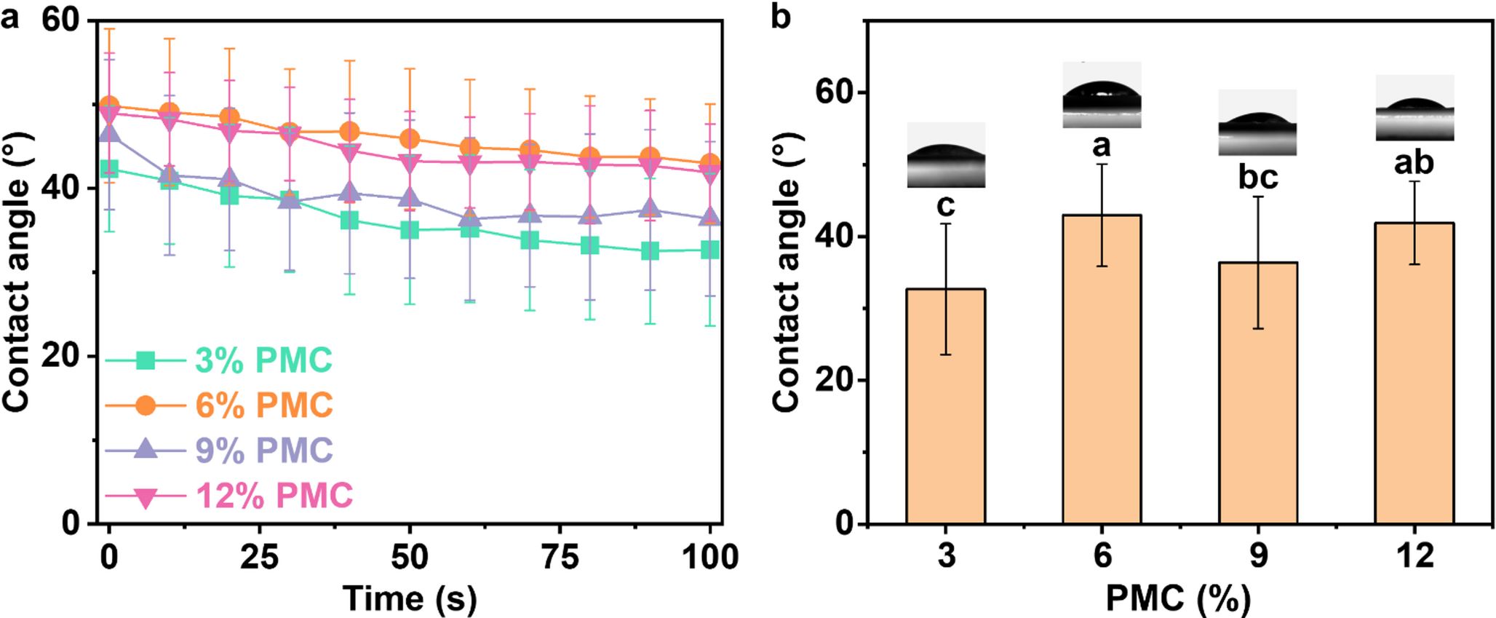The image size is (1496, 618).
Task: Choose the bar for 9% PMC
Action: click(x=1258, y=393)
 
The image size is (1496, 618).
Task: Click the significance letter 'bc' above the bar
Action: click(x=1258, y=178)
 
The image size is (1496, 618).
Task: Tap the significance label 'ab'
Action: click(x=1414, y=162)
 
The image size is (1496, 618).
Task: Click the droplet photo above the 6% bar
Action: click(x=1102, y=95)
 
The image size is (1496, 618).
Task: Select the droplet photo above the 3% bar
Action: click(x=946, y=155)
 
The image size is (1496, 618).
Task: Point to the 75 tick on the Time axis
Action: click(x=560, y=558)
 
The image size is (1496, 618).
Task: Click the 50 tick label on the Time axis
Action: click(x=410, y=558)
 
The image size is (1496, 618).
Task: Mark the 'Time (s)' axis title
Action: click(x=410, y=598)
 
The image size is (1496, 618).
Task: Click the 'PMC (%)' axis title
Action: click(x=1179, y=599)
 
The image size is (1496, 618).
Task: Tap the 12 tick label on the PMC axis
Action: click(x=1415, y=556)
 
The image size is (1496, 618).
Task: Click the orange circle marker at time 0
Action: click(x=109, y=106)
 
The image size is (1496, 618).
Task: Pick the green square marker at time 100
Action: click(x=709, y=250)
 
